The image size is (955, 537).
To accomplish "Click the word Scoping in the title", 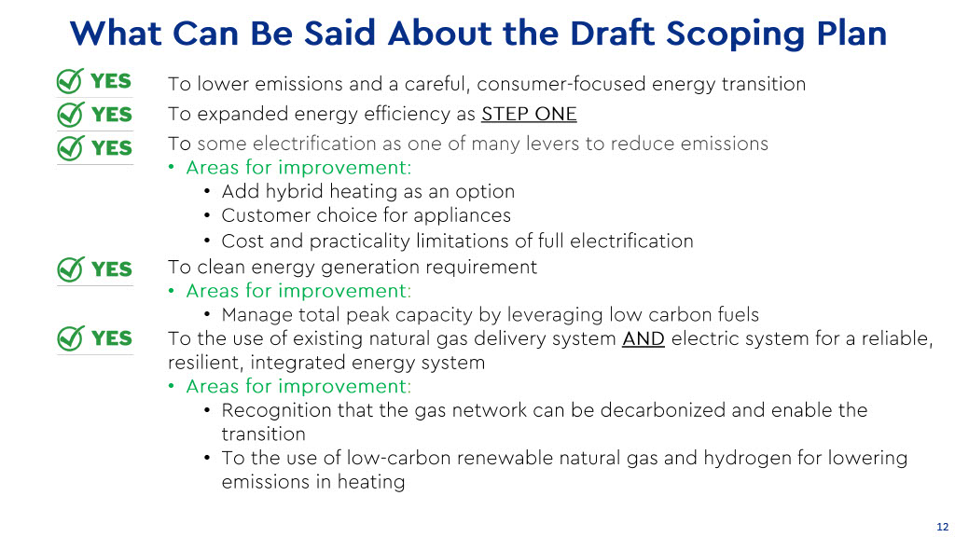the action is coord(735,34).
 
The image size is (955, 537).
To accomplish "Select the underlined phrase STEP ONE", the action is coord(529,114).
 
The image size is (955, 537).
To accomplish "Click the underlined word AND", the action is coord(644,338).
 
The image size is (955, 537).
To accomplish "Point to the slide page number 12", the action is coord(942,527).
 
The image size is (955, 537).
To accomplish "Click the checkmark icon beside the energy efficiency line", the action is coord(70,114).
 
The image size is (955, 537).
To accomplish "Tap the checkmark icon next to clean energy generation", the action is coord(70,269).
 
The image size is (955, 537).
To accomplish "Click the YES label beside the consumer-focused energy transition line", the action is coord(111,81).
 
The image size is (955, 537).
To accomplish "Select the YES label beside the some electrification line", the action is coord(112,148).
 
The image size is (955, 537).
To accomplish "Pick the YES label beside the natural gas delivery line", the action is coord(112,338).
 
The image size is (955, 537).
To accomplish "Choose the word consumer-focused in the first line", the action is coord(561,84).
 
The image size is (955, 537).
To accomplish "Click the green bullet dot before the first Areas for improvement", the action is coord(172,168).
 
